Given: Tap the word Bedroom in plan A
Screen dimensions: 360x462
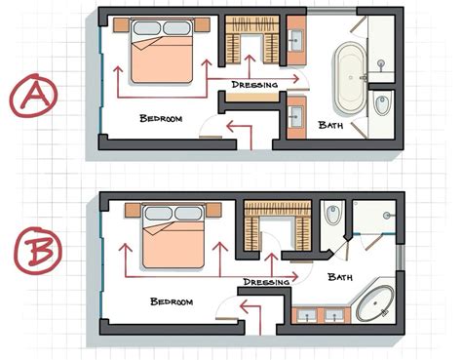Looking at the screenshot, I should coord(161,118).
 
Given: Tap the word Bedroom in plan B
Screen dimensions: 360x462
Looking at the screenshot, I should coord(172,301).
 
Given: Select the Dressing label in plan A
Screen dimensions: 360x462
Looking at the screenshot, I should coord(255,85).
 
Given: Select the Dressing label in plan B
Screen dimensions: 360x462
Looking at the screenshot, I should coord(265,282).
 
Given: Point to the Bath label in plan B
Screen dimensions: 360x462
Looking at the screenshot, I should coord(341,278).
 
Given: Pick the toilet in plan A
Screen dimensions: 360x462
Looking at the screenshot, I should coord(381,105).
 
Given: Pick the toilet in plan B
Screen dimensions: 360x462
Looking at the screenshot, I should coord(333,213).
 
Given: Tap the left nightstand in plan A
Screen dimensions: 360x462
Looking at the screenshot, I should coord(121,24).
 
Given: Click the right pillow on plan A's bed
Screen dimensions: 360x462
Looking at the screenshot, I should coord(177,27).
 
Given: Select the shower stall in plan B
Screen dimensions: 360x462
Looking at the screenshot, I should coord(376,217).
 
